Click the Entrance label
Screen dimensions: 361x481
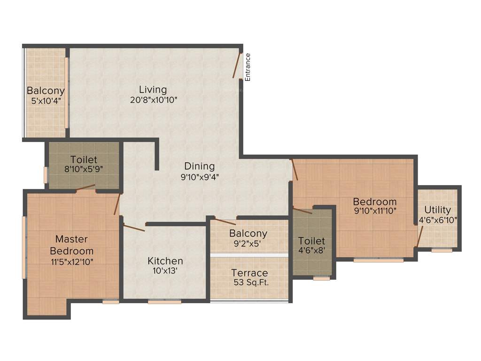pos(248,67)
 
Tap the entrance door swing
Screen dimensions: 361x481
pos(237,65)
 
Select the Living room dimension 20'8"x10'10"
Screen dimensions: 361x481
pos(153,100)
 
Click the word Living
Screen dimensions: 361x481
pos(153,89)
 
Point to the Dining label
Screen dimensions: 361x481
pos(199,166)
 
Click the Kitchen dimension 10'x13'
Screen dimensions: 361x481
pos(165,271)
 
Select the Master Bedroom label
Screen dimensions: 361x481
pos(71,245)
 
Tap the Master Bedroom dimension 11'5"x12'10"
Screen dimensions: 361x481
pos(71,262)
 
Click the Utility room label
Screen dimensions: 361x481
pos(438,210)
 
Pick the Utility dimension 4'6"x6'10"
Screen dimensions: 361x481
pos(438,220)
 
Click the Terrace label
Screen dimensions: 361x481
pos(250,273)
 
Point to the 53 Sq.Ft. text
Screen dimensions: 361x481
pos(250,283)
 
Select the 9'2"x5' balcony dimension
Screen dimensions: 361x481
pos(248,243)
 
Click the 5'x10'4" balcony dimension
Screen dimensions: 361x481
pos(46,101)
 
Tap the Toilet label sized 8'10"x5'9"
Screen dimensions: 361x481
pos(84,159)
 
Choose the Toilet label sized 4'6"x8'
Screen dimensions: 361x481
pos(312,241)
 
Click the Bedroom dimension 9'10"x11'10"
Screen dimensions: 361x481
pos(375,212)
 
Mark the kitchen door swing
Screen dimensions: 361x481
pos(134,228)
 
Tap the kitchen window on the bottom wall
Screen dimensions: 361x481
pos(164,302)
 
